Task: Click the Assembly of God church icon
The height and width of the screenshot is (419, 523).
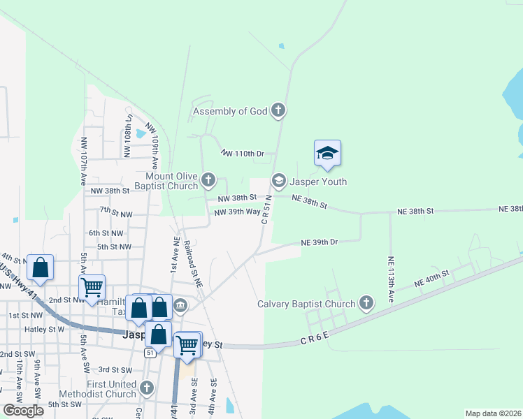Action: [x=278, y=110]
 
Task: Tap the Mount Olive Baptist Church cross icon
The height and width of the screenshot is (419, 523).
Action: [x=208, y=180]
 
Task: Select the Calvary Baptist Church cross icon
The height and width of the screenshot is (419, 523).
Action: [x=366, y=303]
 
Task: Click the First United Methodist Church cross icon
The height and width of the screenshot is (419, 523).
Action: [x=146, y=388]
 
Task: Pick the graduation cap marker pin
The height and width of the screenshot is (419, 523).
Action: [x=327, y=154]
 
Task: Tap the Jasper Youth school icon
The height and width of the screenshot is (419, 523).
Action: [x=278, y=182]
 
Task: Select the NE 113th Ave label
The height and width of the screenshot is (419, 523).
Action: [x=391, y=279]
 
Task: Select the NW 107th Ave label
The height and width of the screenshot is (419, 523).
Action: [x=84, y=161]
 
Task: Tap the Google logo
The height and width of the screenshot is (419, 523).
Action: [x=23, y=411]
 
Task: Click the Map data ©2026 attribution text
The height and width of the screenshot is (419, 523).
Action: [x=492, y=413]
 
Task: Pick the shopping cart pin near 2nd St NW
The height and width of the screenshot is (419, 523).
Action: [x=92, y=286]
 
